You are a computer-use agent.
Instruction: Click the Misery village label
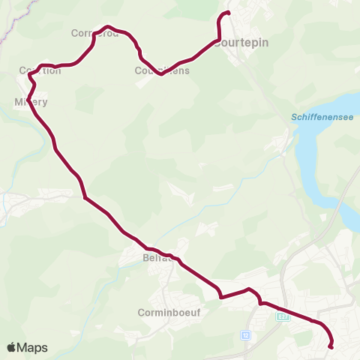(x=31, y=102)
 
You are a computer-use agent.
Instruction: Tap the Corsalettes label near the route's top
(x=95, y=34)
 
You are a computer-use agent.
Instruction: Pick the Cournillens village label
(x=162, y=71)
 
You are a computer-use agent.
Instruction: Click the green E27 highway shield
(x=282, y=316)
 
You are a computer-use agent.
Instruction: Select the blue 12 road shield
(x=245, y=334)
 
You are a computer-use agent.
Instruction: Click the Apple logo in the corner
(x=11, y=347)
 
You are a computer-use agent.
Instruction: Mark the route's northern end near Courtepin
(x=228, y=13)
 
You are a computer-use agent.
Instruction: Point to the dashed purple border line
(x=22, y=19)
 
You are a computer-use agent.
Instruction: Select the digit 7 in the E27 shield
(x=285, y=316)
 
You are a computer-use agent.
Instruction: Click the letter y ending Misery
(x=45, y=103)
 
